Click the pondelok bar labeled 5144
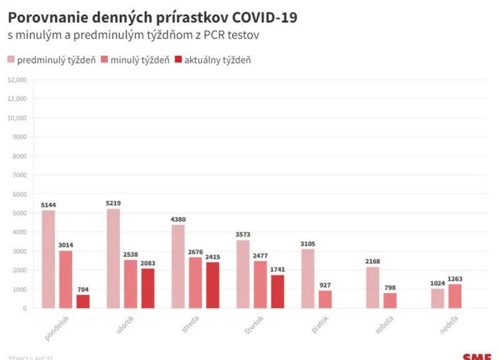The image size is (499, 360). tap(48, 259)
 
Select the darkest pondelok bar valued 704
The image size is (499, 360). tap(83, 301)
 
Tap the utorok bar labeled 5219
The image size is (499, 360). tap(113, 258)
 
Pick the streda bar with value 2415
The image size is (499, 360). tap(213, 285)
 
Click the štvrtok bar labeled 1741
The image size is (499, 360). tap(278, 291)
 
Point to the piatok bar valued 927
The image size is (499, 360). tap(325, 299)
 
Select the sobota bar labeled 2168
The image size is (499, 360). tap(372, 288)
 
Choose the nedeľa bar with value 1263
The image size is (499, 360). tap(455, 296)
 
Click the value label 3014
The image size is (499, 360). tap(65, 245)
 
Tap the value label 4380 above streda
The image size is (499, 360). tap(178, 219)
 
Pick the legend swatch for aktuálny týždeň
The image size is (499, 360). tap(178, 60)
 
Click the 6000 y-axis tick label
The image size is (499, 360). tap(20, 194)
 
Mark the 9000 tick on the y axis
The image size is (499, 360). tap(20, 137)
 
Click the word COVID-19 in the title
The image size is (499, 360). tap(264, 17)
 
